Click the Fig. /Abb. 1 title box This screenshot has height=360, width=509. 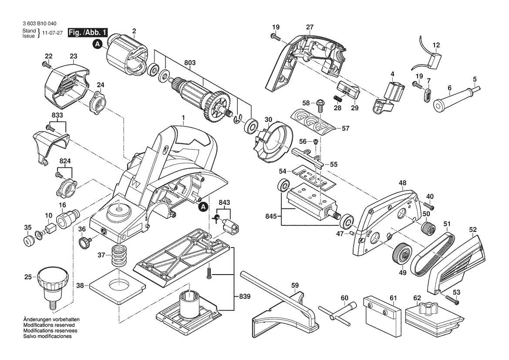tap(88, 33)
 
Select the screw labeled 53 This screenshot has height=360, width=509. tap(452, 299)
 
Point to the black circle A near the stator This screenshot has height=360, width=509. tap(98, 44)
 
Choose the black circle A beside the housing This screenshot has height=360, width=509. tap(203, 206)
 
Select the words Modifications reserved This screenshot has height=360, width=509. tap(49, 325)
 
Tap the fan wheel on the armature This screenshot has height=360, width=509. tap(216, 108)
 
